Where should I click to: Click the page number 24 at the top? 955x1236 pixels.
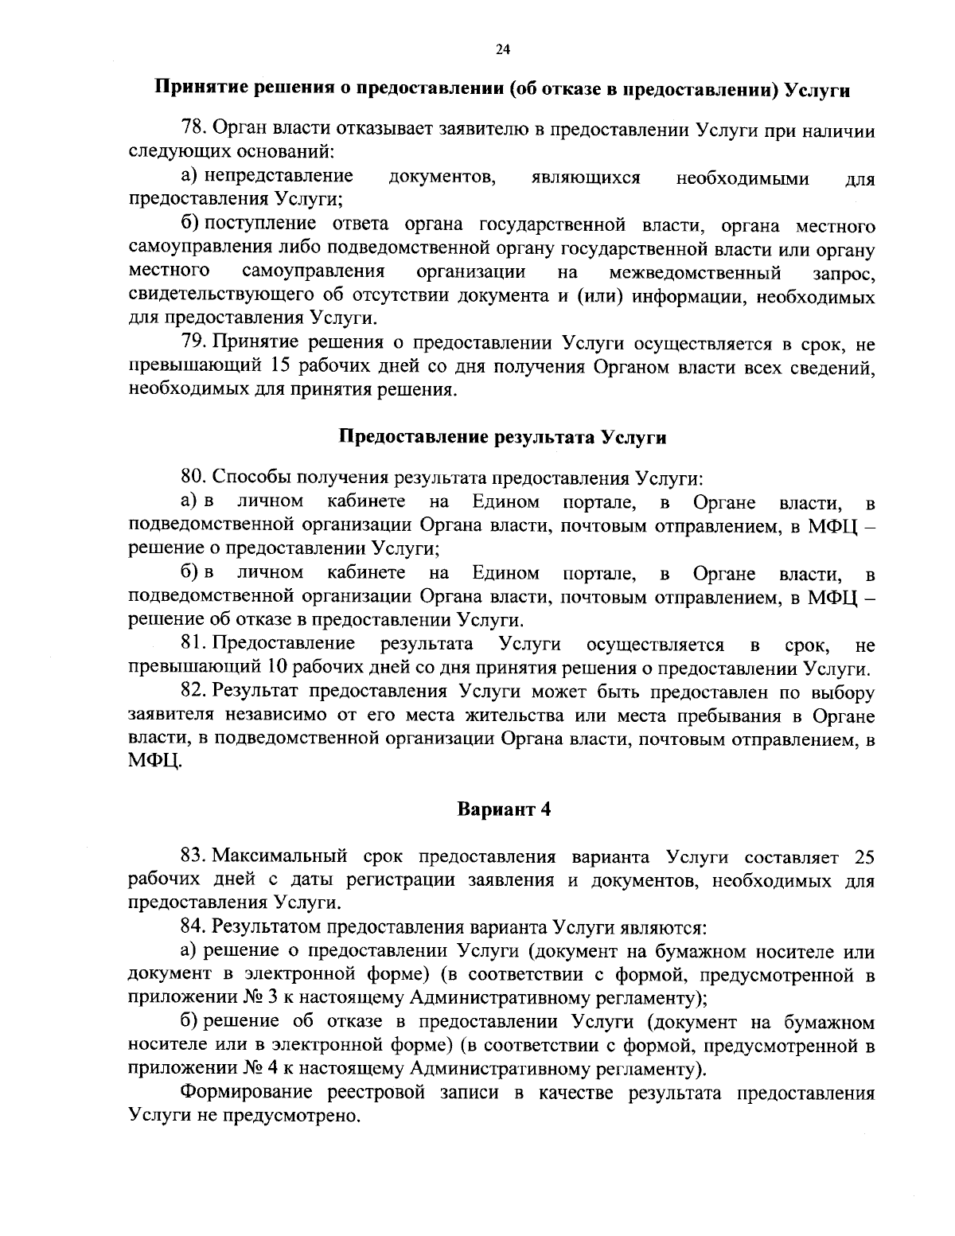tap(502, 49)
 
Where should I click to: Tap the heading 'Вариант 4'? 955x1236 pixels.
tap(503, 810)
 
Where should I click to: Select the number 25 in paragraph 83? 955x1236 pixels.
tap(863, 856)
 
